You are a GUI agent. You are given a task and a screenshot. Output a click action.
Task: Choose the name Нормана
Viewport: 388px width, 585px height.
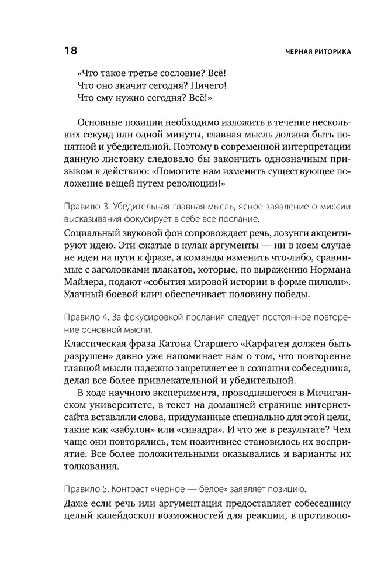[x=331, y=272]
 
